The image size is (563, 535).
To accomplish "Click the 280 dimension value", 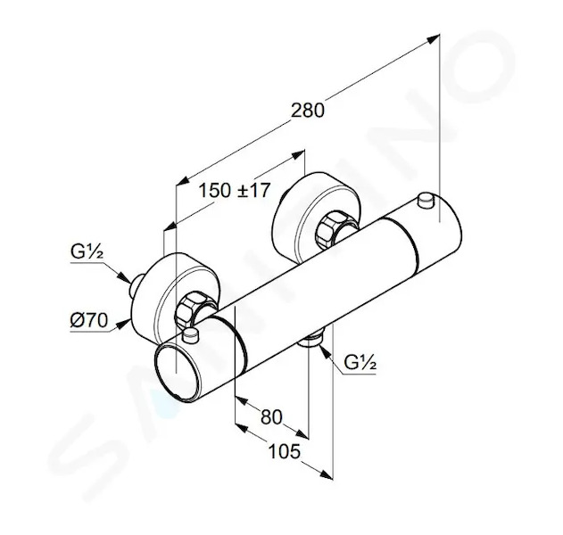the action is click(307, 111).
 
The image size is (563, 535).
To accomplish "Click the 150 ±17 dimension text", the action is click(234, 190).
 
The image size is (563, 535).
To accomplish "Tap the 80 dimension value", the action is click(271, 417).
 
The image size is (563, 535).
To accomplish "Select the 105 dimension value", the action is click(285, 451).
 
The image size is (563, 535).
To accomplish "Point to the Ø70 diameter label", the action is click(88, 320).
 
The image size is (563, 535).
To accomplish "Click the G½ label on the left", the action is click(87, 251).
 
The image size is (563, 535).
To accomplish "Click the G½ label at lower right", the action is click(360, 362).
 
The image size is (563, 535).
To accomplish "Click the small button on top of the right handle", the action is click(426, 201).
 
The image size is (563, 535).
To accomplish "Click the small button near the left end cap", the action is click(190, 335).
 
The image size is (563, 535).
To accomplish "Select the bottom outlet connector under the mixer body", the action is click(311, 339).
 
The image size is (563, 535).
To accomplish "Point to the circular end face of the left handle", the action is click(176, 373).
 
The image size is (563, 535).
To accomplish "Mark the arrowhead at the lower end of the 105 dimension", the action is click(326, 474).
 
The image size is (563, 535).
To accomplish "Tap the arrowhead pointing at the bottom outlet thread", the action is click(324, 351).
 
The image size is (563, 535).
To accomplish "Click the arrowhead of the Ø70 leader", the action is click(124, 324).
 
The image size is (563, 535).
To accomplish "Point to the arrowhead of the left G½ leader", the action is click(124, 277).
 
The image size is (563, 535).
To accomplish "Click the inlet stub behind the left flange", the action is click(137, 286).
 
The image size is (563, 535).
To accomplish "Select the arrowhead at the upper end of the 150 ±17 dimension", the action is click(298, 154).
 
